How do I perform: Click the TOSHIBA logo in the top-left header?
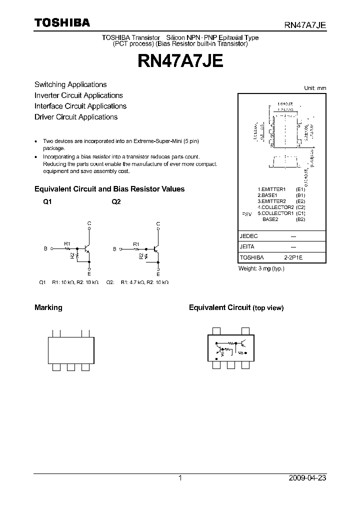coord(62,23)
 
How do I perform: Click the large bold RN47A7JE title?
coord(180,61)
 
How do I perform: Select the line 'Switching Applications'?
coord(70,84)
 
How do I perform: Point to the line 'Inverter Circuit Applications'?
coord(78,95)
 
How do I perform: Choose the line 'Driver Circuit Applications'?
coord(76,117)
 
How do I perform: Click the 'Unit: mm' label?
coord(315,88)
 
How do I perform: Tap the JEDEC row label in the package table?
coord(248,236)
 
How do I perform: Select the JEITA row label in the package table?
coord(247,247)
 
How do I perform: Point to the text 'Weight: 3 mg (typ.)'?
coord(261,268)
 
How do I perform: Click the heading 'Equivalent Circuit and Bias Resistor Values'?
coord(109,189)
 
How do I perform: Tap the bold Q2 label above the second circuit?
coord(116,202)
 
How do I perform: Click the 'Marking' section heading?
coord(48,307)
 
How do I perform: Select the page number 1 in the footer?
coord(180,478)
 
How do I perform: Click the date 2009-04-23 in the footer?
coord(307,478)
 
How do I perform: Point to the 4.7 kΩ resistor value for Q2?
coord(133,282)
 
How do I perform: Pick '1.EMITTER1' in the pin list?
coord(271,189)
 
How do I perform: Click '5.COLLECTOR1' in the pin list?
coord(275,213)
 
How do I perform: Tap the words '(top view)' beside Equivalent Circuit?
coord(268,308)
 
